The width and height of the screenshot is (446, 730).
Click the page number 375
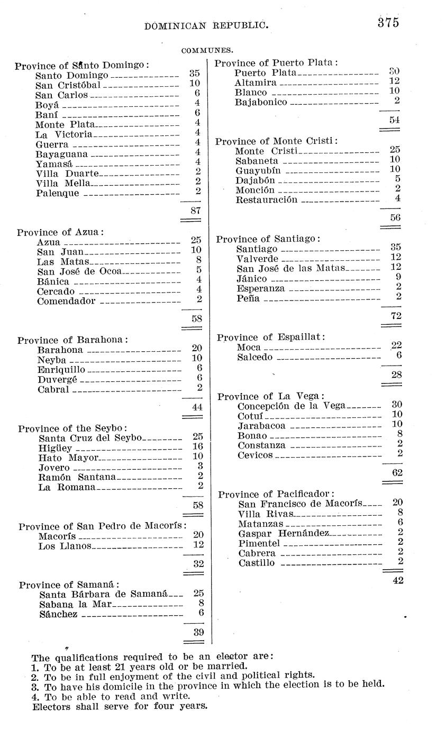coord(388,23)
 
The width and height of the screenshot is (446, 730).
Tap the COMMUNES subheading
coord(207,51)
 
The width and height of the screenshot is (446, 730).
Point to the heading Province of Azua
coord(60,232)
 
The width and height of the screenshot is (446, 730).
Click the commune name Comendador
coord(66,301)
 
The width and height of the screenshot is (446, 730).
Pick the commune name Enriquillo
coord(61,369)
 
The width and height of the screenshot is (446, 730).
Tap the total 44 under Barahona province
coord(197,407)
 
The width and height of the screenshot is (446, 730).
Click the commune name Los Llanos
coord(65,546)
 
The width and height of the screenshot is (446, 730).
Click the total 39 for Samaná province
coord(198,632)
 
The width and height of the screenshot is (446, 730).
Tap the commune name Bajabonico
coord(261,102)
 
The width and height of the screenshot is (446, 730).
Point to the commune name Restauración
coord(266,200)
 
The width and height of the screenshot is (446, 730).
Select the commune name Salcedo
coord(254,357)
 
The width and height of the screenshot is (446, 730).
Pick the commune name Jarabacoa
coord(261,426)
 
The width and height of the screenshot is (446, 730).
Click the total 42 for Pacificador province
coord(398,580)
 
